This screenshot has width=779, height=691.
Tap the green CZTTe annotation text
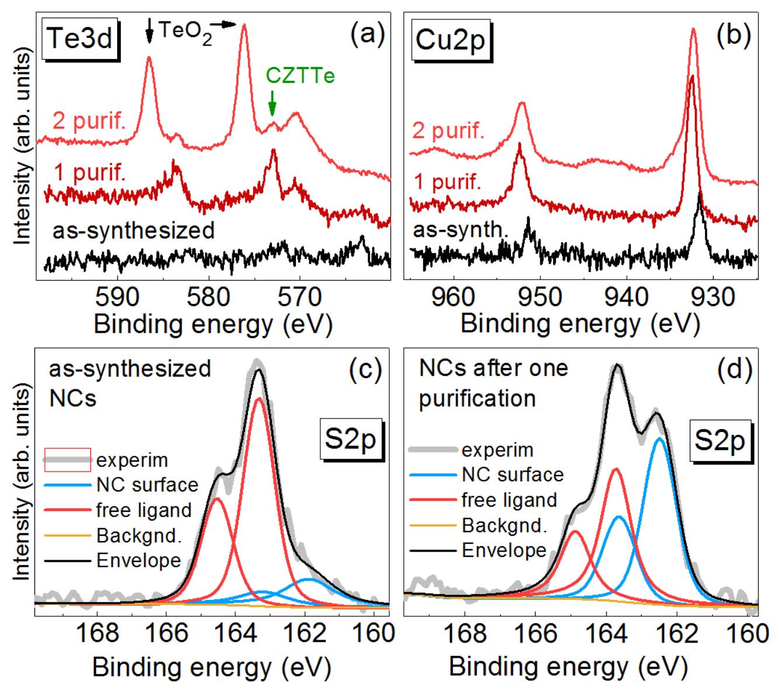point(301,75)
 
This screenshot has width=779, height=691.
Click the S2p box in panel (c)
point(350,443)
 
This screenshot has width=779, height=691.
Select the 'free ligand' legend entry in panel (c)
point(144,510)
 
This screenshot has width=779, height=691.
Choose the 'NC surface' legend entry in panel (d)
point(512,474)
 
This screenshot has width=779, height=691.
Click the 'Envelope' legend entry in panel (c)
point(138,560)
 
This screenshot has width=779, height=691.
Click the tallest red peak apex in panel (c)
point(258,399)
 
